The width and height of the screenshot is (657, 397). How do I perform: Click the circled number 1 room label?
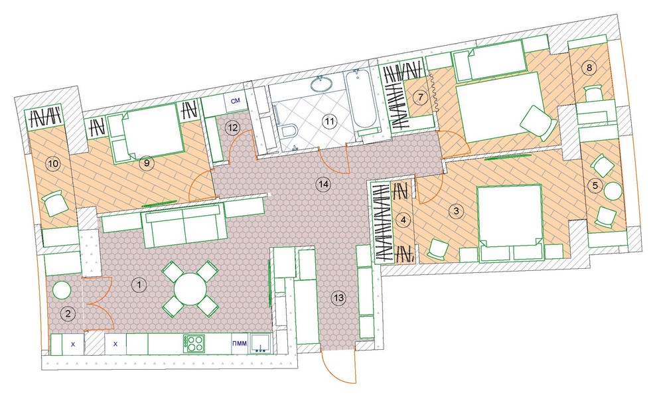click(x=139, y=286)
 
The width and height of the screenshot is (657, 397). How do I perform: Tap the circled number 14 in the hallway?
click(x=323, y=184)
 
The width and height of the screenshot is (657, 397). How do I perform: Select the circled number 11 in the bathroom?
click(x=330, y=121)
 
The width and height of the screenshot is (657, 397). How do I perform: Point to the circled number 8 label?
click(x=589, y=68)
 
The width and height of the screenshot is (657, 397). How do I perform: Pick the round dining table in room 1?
click(x=190, y=289)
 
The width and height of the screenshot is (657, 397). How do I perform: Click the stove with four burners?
click(x=194, y=343)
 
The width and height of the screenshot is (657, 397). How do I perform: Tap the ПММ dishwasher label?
click(x=240, y=344)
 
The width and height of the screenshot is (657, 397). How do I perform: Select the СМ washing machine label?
click(x=235, y=101)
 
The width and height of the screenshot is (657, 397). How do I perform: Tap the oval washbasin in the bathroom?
click(x=321, y=84)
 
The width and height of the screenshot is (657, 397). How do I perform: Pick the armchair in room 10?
click(x=55, y=203)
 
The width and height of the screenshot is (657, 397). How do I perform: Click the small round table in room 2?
click(x=62, y=289)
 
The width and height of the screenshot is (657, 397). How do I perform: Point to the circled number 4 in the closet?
click(x=403, y=220)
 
